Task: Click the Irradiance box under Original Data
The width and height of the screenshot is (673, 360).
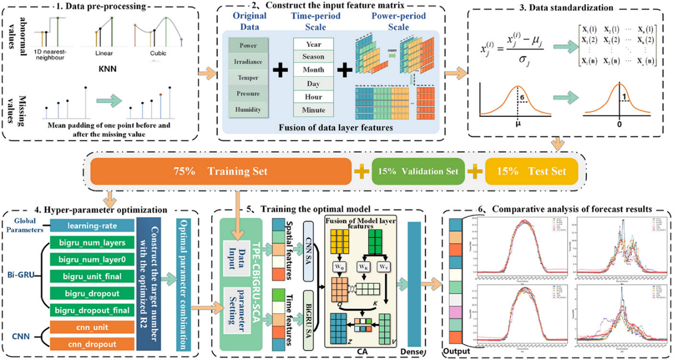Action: point(248,62)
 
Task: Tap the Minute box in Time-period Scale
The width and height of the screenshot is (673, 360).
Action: point(313,110)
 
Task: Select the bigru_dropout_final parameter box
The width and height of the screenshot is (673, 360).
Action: point(92,311)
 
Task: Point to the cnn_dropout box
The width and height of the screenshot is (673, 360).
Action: point(92,345)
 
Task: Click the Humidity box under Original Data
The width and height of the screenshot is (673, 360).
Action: point(248,110)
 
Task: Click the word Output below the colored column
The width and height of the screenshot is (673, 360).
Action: point(457,353)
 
